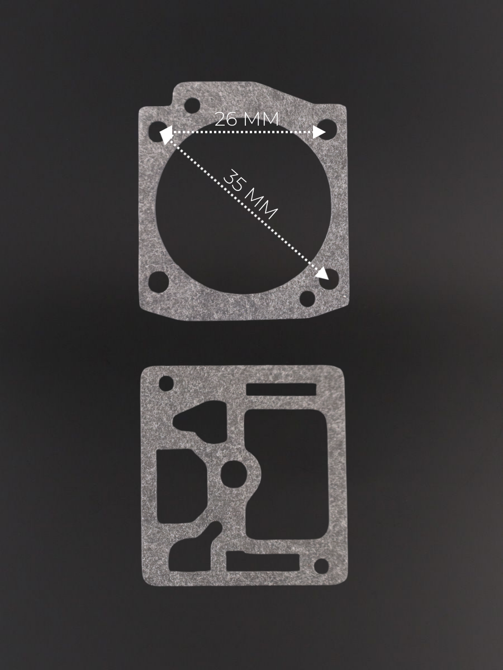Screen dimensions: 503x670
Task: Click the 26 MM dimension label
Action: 247,119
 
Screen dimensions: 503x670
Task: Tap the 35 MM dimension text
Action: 250,194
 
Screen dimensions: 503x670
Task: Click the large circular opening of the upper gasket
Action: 244,205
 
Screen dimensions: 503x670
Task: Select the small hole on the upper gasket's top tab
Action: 192,106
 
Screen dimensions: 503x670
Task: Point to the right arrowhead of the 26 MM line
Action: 319,132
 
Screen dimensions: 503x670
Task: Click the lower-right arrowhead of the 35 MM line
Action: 322,274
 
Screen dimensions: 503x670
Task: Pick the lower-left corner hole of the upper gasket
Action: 159,282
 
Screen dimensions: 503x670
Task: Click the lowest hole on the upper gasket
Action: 307,298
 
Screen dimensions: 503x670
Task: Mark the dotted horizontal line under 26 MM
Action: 243,132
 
